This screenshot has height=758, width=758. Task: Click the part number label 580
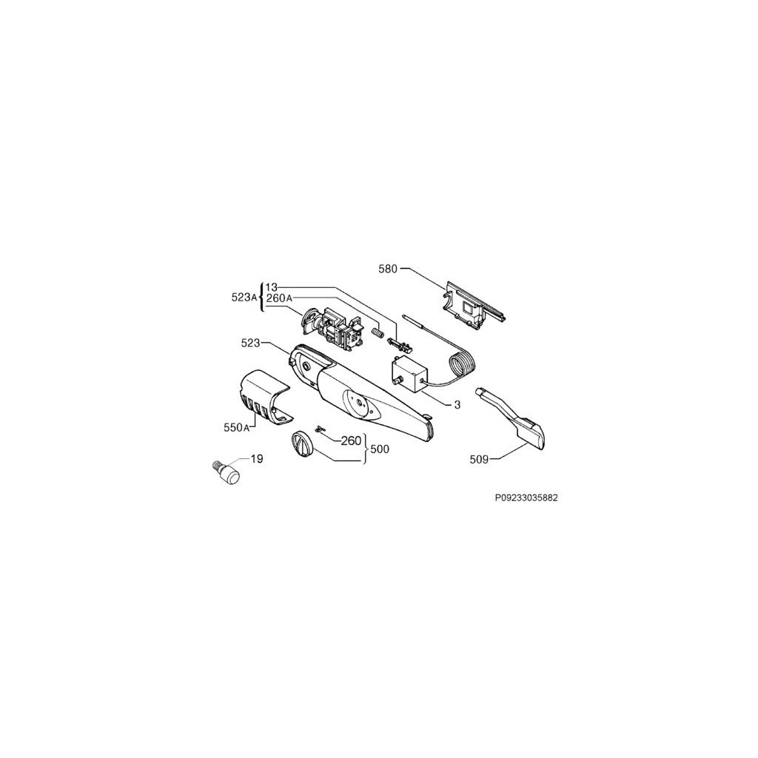pos(388,269)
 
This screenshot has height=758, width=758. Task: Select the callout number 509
pos(479,460)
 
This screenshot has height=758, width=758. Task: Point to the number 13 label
pos(271,287)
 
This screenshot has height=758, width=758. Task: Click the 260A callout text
pos(279,298)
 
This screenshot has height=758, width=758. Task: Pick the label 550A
pos(236,427)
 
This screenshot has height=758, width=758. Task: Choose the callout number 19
pos(257,459)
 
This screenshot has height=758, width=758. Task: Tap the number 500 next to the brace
pos(380,449)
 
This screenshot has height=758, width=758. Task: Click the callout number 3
pos(457,405)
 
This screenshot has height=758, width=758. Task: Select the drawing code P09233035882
pos(526,498)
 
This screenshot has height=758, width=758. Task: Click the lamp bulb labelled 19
pos(227,472)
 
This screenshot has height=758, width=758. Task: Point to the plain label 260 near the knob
pos(352,440)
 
